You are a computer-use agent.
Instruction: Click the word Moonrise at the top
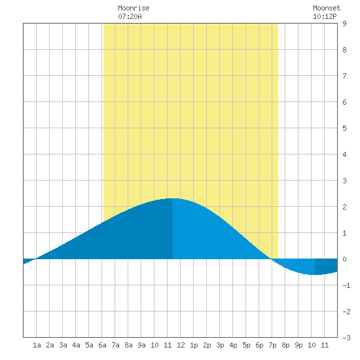(x=134, y=8)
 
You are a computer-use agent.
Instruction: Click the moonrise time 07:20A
(x=130, y=16)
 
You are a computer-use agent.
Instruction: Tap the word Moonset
(x=327, y=8)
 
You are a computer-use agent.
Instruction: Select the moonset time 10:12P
(x=325, y=16)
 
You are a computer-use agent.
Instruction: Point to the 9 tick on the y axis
(x=344, y=24)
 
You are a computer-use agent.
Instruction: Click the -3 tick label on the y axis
(x=346, y=338)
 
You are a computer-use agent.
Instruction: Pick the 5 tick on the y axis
(x=344, y=128)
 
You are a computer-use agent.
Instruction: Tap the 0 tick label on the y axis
(x=344, y=259)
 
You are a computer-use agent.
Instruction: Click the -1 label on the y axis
(x=346, y=285)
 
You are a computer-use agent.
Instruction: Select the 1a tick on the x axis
(x=37, y=345)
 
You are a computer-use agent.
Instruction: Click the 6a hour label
(x=102, y=345)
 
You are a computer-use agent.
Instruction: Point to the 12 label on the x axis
(x=181, y=345)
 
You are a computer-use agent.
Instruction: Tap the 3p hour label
(x=220, y=345)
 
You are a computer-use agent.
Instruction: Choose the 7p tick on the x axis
(x=272, y=345)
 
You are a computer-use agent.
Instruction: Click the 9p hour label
(x=298, y=345)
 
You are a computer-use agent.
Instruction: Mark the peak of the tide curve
(x=173, y=198)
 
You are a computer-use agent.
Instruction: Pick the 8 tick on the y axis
(x=344, y=50)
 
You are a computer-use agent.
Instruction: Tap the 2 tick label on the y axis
(x=344, y=207)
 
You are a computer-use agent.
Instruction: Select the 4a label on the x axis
(x=76, y=345)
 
